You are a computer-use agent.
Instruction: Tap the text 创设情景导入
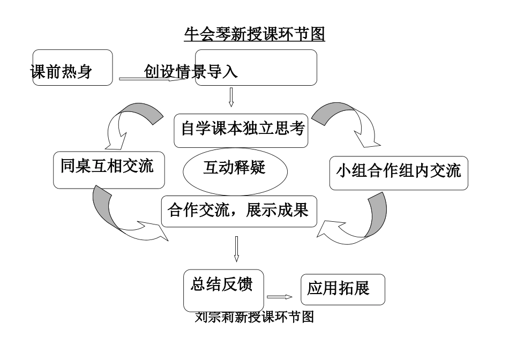coord(191,72)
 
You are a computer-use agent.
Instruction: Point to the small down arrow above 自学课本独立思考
coord(231,97)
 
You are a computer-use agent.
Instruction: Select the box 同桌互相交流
coord(109,169)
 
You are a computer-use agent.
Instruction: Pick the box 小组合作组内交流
coord(398,172)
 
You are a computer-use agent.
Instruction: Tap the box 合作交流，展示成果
coord(238,210)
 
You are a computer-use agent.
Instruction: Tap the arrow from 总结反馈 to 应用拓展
coord(279,297)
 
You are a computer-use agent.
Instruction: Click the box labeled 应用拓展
coord(342,289)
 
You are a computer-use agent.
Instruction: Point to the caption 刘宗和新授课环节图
coord(254,317)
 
